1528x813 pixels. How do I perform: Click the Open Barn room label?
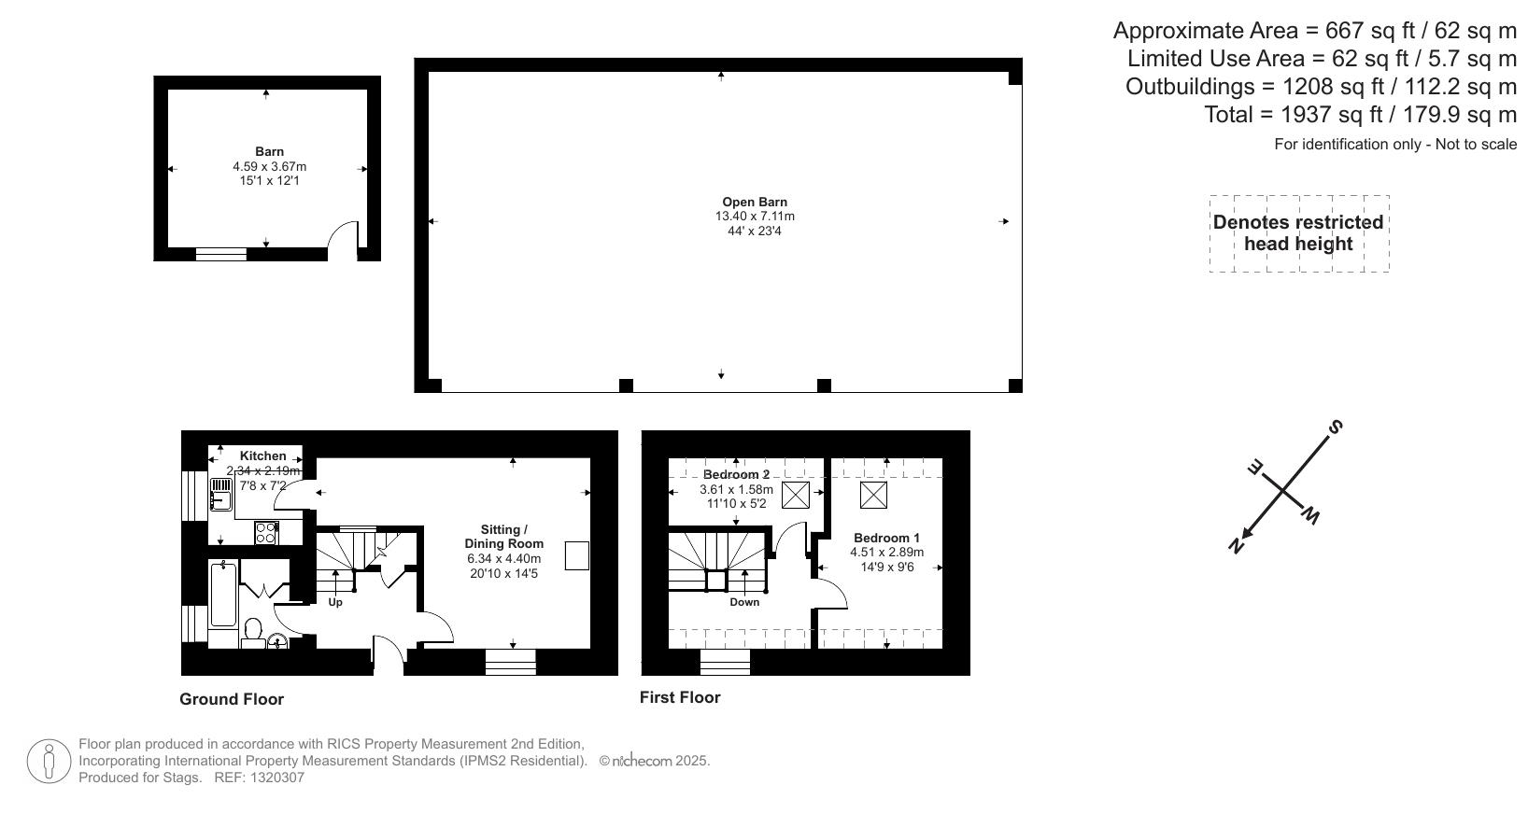point(754,202)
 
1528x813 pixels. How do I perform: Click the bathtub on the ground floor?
point(223,594)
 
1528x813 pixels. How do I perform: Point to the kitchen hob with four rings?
point(266,532)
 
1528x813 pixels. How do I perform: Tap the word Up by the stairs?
point(335,602)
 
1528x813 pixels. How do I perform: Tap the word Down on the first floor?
point(744,602)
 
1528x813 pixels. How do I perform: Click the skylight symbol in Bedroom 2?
point(795,495)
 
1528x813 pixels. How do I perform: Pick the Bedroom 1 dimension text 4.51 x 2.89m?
point(886,553)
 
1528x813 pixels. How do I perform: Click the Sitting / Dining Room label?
point(504,537)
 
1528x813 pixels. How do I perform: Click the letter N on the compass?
point(1236,545)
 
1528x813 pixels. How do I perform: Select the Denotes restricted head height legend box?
point(1298,233)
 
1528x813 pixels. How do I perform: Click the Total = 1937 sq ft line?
point(1360,115)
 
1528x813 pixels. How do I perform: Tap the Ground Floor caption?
point(232,699)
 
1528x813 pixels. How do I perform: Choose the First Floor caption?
point(680,697)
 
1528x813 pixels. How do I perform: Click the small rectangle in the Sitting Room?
point(577,555)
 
